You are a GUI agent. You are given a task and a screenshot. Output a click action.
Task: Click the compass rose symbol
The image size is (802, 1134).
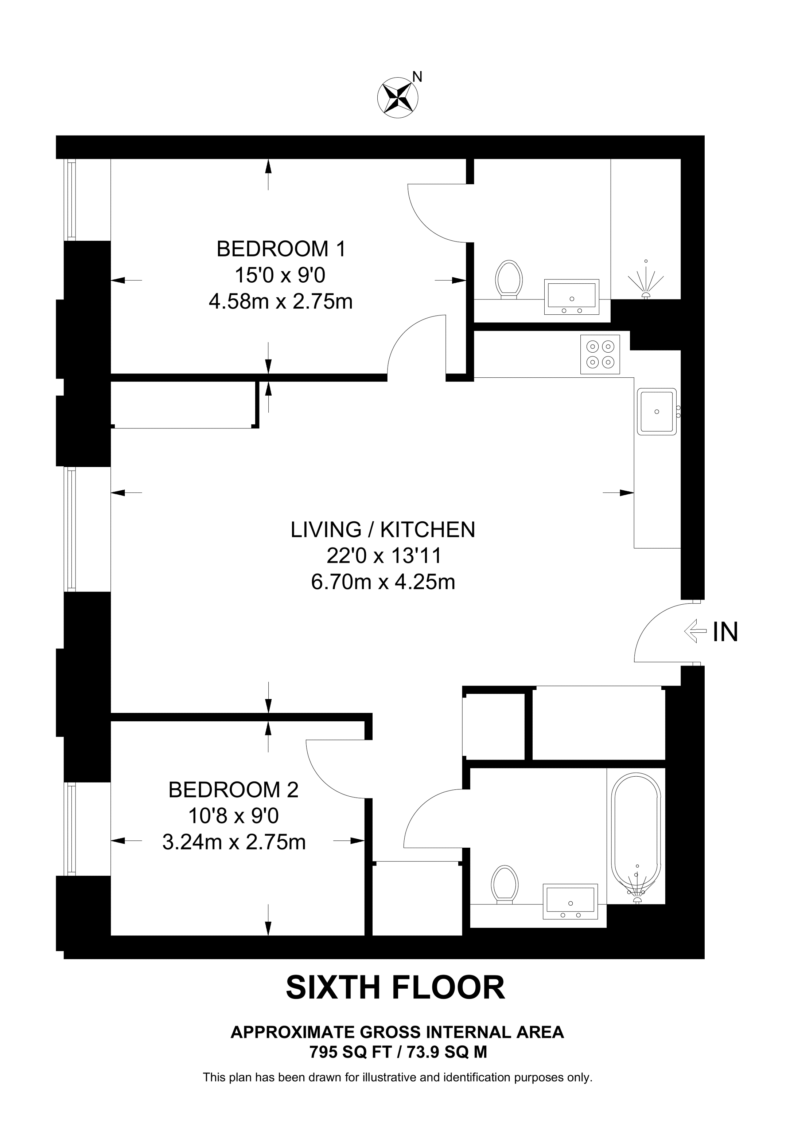click(x=397, y=97)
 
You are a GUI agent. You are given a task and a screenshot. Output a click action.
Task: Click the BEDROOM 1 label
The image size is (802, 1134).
click(x=281, y=249)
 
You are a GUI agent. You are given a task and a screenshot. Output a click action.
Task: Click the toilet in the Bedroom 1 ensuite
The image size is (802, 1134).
click(x=510, y=279)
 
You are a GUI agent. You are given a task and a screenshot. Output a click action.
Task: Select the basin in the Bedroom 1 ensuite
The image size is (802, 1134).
click(x=572, y=297)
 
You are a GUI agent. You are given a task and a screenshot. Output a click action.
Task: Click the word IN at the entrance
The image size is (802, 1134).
click(x=725, y=632)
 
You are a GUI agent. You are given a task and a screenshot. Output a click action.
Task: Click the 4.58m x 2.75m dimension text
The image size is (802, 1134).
click(x=281, y=301)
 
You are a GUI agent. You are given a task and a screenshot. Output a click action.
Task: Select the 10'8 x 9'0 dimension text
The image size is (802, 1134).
click(x=233, y=816)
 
